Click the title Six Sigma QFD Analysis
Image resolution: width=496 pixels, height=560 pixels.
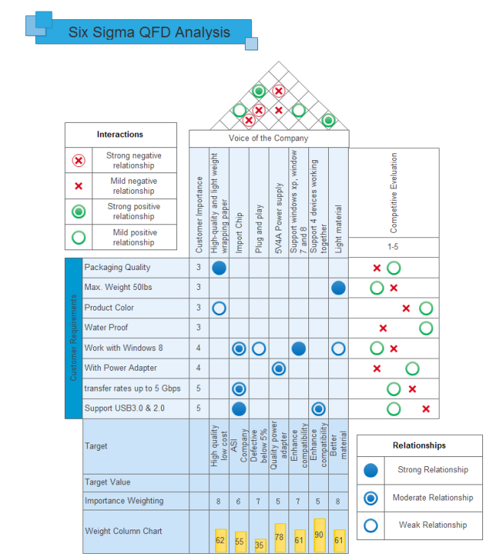[149, 33]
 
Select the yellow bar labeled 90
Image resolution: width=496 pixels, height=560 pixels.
[319, 536]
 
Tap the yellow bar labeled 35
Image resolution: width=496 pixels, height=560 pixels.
[259, 545]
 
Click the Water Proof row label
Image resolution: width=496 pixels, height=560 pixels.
[106, 328]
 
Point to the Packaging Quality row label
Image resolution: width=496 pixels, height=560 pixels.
[117, 268]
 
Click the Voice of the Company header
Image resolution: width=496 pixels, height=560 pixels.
[269, 138]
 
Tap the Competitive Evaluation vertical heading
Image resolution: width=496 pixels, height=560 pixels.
[394, 194]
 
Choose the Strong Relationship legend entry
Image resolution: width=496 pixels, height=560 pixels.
[433, 470]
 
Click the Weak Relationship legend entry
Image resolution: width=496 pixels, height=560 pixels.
[433, 525]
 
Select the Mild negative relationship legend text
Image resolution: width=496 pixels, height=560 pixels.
[134, 186]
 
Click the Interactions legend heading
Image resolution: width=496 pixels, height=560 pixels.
[120, 134]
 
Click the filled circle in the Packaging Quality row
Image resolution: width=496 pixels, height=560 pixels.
[219, 268]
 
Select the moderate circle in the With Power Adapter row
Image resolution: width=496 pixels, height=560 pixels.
[279, 369]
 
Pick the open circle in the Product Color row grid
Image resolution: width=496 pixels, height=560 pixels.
[219, 308]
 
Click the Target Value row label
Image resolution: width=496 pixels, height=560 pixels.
[108, 482]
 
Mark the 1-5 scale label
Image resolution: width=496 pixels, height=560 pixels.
[394, 247]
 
